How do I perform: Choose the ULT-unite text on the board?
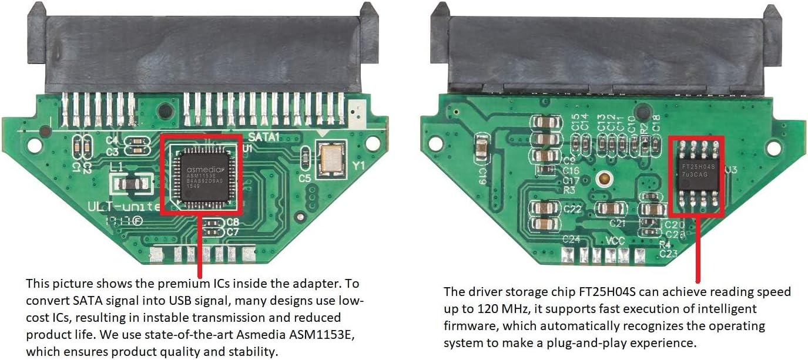pos(123,207)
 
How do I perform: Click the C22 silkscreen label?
pos(572,209)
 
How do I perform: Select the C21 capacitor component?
pos(611,208)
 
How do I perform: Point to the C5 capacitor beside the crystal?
pos(305,157)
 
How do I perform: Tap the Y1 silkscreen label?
pos(358,166)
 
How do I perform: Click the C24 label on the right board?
pos(571,240)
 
